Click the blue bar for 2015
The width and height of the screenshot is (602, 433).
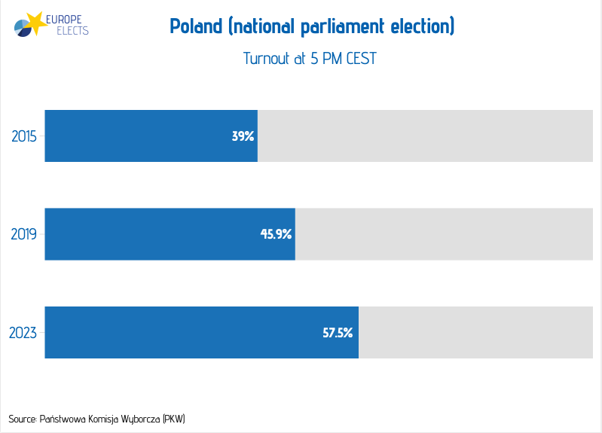[x=151, y=136]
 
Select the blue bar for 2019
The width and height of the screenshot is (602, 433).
[x=170, y=234]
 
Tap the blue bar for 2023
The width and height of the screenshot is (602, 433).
[x=201, y=332]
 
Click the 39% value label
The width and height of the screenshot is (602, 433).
[x=243, y=137]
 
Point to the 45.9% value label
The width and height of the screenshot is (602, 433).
[x=276, y=234]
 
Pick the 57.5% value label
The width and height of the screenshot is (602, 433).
[x=338, y=332]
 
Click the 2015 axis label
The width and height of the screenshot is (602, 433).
[x=24, y=136]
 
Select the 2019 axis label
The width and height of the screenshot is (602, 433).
[x=24, y=234]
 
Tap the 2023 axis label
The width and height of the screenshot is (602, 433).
[x=24, y=332]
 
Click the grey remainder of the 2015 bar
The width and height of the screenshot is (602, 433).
[x=425, y=136]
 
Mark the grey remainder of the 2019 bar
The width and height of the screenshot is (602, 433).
[x=444, y=234]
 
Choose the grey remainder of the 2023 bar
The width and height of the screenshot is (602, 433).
[x=475, y=332]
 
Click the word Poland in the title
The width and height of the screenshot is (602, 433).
[x=196, y=28]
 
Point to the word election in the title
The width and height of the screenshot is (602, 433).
[x=420, y=28]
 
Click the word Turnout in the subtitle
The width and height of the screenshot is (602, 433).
[x=265, y=59]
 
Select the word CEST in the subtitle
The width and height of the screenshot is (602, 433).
[x=361, y=59]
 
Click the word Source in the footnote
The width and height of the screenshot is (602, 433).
[x=22, y=418]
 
